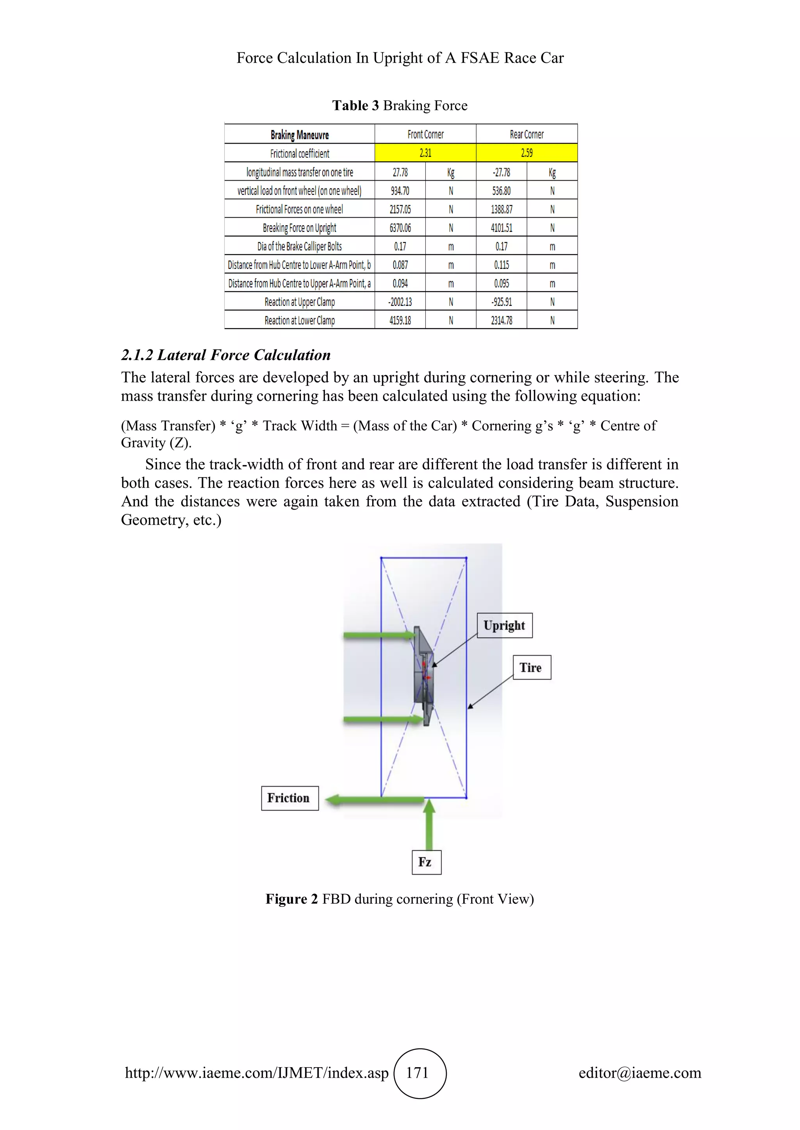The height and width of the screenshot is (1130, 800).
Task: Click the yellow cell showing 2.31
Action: coord(425,153)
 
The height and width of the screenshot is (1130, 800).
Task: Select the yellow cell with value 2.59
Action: coord(527,153)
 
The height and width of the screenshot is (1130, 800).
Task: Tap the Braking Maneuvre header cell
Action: coord(300,134)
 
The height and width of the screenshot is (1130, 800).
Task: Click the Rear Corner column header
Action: coord(527,134)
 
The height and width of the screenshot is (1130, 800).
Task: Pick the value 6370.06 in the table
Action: coord(400,228)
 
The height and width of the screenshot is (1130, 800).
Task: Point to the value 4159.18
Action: coord(400,320)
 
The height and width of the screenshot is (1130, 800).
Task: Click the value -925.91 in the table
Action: coord(502,302)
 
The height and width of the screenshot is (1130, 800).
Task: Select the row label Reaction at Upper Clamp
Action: coord(300,302)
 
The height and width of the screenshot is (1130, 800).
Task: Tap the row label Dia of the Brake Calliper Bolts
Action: coord(300,246)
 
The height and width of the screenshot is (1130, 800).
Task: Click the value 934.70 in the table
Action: coord(400,190)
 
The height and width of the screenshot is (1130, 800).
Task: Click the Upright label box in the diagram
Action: coord(504,625)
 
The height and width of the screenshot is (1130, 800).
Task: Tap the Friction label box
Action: coord(290,798)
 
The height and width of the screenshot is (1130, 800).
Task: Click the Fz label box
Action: coord(426,862)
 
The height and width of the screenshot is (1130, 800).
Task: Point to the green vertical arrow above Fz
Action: coord(429,824)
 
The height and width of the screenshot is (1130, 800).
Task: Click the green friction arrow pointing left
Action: coord(374,800)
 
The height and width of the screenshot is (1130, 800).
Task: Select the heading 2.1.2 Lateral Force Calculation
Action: coord(226,355)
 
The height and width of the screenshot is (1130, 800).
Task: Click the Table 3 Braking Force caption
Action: coord(400,105)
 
